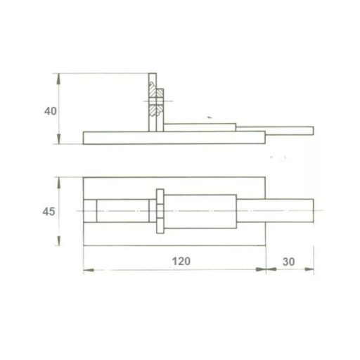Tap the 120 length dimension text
pyautogui.click(x=182, y=261)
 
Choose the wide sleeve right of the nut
pyautogui.click(x=204, y=211)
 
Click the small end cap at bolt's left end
pyautogui.click(x=89, y=211)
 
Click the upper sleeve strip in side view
pyautogui.click(x=200, y=127)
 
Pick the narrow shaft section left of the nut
pyautogui.click(x=122, y=211)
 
